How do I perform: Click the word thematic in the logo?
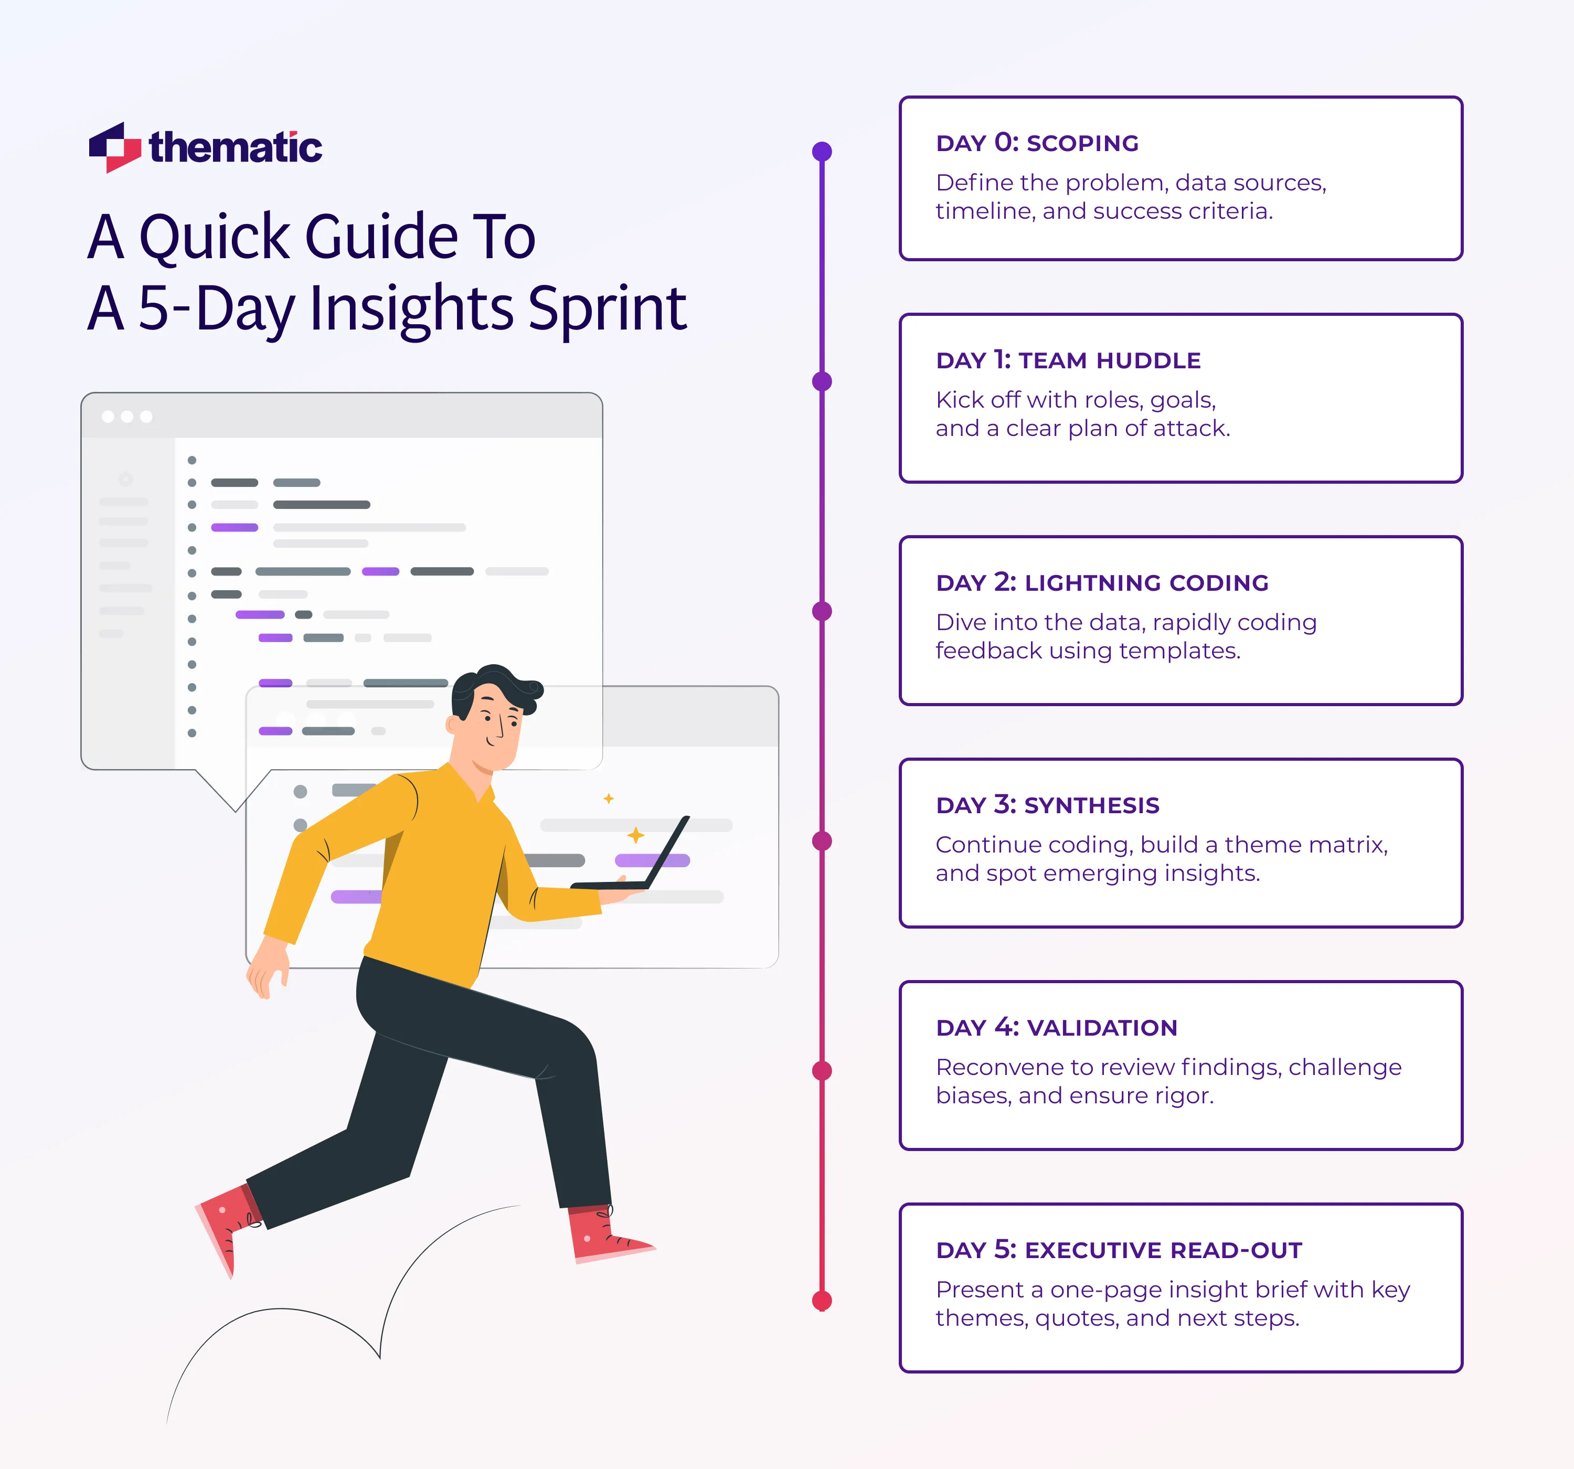click(235, 148)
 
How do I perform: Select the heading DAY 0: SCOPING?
click(1037, 143)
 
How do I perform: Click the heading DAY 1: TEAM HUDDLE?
click(1068, 360)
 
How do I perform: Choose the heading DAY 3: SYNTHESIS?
click(1047, 805)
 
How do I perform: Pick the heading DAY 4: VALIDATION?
click(1056, 1028)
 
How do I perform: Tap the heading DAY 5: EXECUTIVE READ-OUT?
click(1119, 1250)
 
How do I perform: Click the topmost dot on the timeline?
click(822, 151)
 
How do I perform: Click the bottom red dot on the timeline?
click(822, 1300)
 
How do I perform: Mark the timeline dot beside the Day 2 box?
click(822, 611)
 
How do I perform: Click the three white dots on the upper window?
click(126, 417)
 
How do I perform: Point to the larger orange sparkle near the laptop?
click(635, 835)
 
